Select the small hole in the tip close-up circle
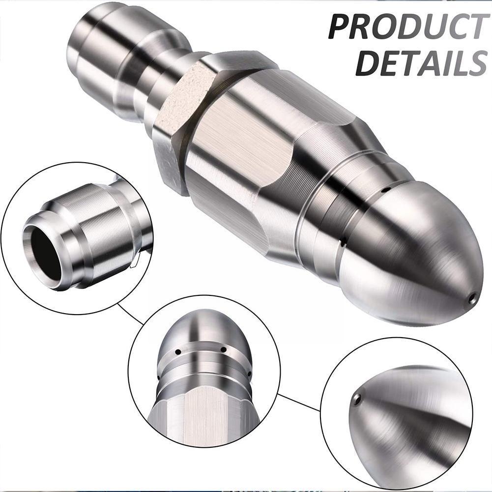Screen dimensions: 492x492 [357, 399]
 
